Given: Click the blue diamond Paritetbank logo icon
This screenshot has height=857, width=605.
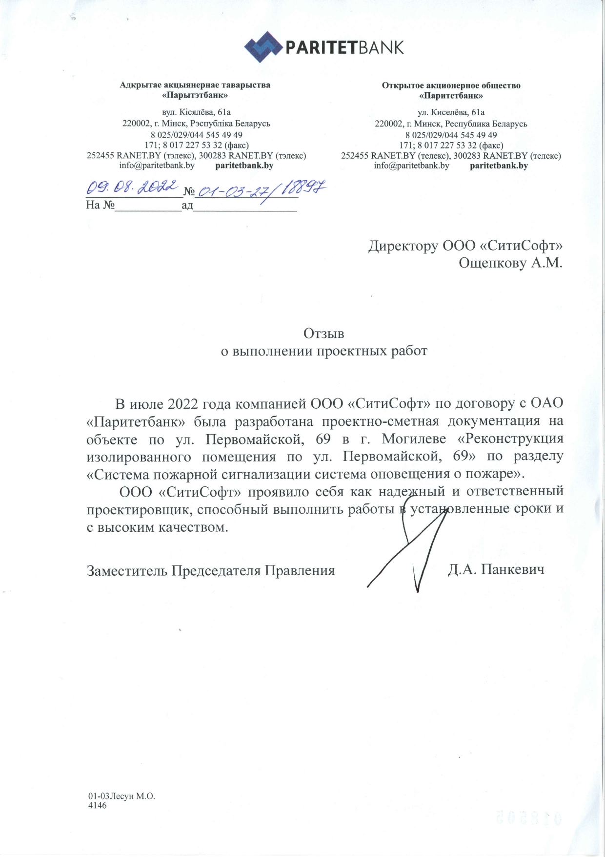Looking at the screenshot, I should pyautogui.click(x=263, y=47).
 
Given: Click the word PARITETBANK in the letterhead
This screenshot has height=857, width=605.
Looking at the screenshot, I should pyautogui.click(x=344, y=47).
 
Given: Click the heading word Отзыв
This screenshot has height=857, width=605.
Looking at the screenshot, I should pyautogui.click(x=323, y=334).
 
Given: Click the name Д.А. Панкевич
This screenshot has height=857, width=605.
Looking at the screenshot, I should pyautogui.click(x=496, y=569).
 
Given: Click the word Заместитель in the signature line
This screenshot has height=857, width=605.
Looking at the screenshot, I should pyautogui.click(x=127, y=570).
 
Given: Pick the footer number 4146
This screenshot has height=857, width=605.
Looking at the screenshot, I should pyautogui.click(x=97, y=805).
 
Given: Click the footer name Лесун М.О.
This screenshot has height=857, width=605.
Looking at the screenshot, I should pyautogui.click(x=132, y=796).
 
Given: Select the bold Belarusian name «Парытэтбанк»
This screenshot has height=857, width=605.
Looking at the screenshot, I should pyautogui.click(x=195, y=95).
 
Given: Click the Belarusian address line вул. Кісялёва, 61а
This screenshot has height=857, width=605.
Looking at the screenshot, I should pyautogui.click(x=196, y=112).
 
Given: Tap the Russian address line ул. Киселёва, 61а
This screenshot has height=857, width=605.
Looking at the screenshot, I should pyautogui.click(x=451, y=112).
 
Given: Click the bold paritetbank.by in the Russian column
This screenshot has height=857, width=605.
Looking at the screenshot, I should pyautogui.click(x=499, y=166).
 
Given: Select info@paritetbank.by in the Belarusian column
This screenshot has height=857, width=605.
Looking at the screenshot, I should pyautogui.click(x=157, y=166).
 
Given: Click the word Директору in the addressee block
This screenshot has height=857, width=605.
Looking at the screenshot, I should pyautogui.click(x=403, y=245).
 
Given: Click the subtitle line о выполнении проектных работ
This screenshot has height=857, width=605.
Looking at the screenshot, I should pyautogui.click(x=324, y=351).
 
